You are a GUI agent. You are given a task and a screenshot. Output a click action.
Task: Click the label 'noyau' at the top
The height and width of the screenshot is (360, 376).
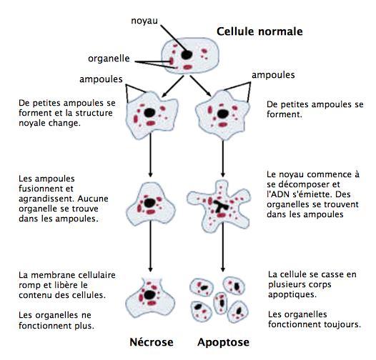144,21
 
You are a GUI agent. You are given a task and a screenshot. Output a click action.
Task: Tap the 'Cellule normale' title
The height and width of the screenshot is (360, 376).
259,31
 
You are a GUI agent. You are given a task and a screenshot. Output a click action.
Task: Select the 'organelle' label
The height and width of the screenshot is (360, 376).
109,59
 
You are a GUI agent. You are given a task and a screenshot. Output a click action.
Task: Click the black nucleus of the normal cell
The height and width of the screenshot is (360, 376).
187,55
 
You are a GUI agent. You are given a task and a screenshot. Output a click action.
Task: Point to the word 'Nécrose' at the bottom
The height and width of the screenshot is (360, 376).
152,342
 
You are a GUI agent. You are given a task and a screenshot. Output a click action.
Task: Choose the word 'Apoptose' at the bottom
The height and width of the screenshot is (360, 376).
223,343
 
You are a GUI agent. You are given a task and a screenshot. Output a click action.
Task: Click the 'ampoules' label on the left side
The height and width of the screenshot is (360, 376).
101,79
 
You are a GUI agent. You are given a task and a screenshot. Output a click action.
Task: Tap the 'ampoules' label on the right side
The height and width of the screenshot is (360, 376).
273,75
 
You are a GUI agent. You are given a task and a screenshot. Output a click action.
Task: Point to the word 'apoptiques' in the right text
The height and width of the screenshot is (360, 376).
292,294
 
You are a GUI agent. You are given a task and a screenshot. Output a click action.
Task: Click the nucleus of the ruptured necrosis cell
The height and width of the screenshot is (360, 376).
149,294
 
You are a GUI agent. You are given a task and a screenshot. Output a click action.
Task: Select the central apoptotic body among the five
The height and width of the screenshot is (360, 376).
220,303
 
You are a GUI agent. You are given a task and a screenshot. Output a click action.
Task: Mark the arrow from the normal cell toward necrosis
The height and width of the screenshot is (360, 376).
173,86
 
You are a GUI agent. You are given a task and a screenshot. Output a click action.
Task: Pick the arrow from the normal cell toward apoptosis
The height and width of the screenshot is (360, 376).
200,86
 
